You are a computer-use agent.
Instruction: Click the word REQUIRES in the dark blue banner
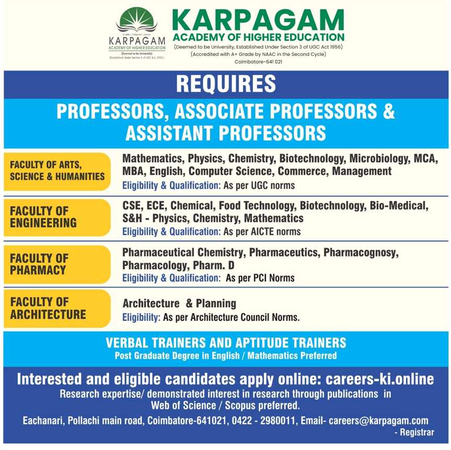click(x=226, y=84)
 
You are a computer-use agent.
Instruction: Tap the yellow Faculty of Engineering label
click(x=57, y=217)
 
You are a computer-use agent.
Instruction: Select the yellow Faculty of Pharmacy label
click(x=57, y=264)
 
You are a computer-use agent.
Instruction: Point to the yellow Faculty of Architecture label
click(x=57, y=308)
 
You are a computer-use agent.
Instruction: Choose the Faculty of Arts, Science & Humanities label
click(x=57, y=171)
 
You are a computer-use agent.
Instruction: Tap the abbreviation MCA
click(x=425, y=158)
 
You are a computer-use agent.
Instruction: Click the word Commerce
click(x=303, y=171)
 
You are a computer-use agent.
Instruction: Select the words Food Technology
click(x=257, y=206)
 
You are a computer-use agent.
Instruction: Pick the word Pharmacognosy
click(x=361, y=253)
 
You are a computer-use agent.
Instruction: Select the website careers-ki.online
click(x=380, y=379)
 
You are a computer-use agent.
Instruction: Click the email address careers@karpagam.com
click(x=378, y=421)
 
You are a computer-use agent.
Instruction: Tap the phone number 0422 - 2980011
click(x=263, y=421)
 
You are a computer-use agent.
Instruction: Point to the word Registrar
click(x=417, y=432)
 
